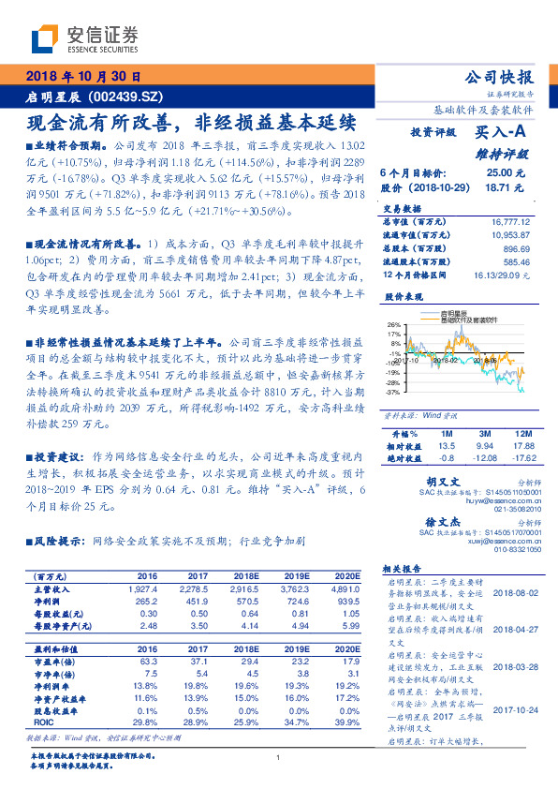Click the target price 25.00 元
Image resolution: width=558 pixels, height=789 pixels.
coord(498,173)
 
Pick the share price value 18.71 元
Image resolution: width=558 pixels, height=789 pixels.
coord(498,187)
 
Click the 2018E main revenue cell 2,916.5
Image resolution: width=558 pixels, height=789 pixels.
coord(230,589)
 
